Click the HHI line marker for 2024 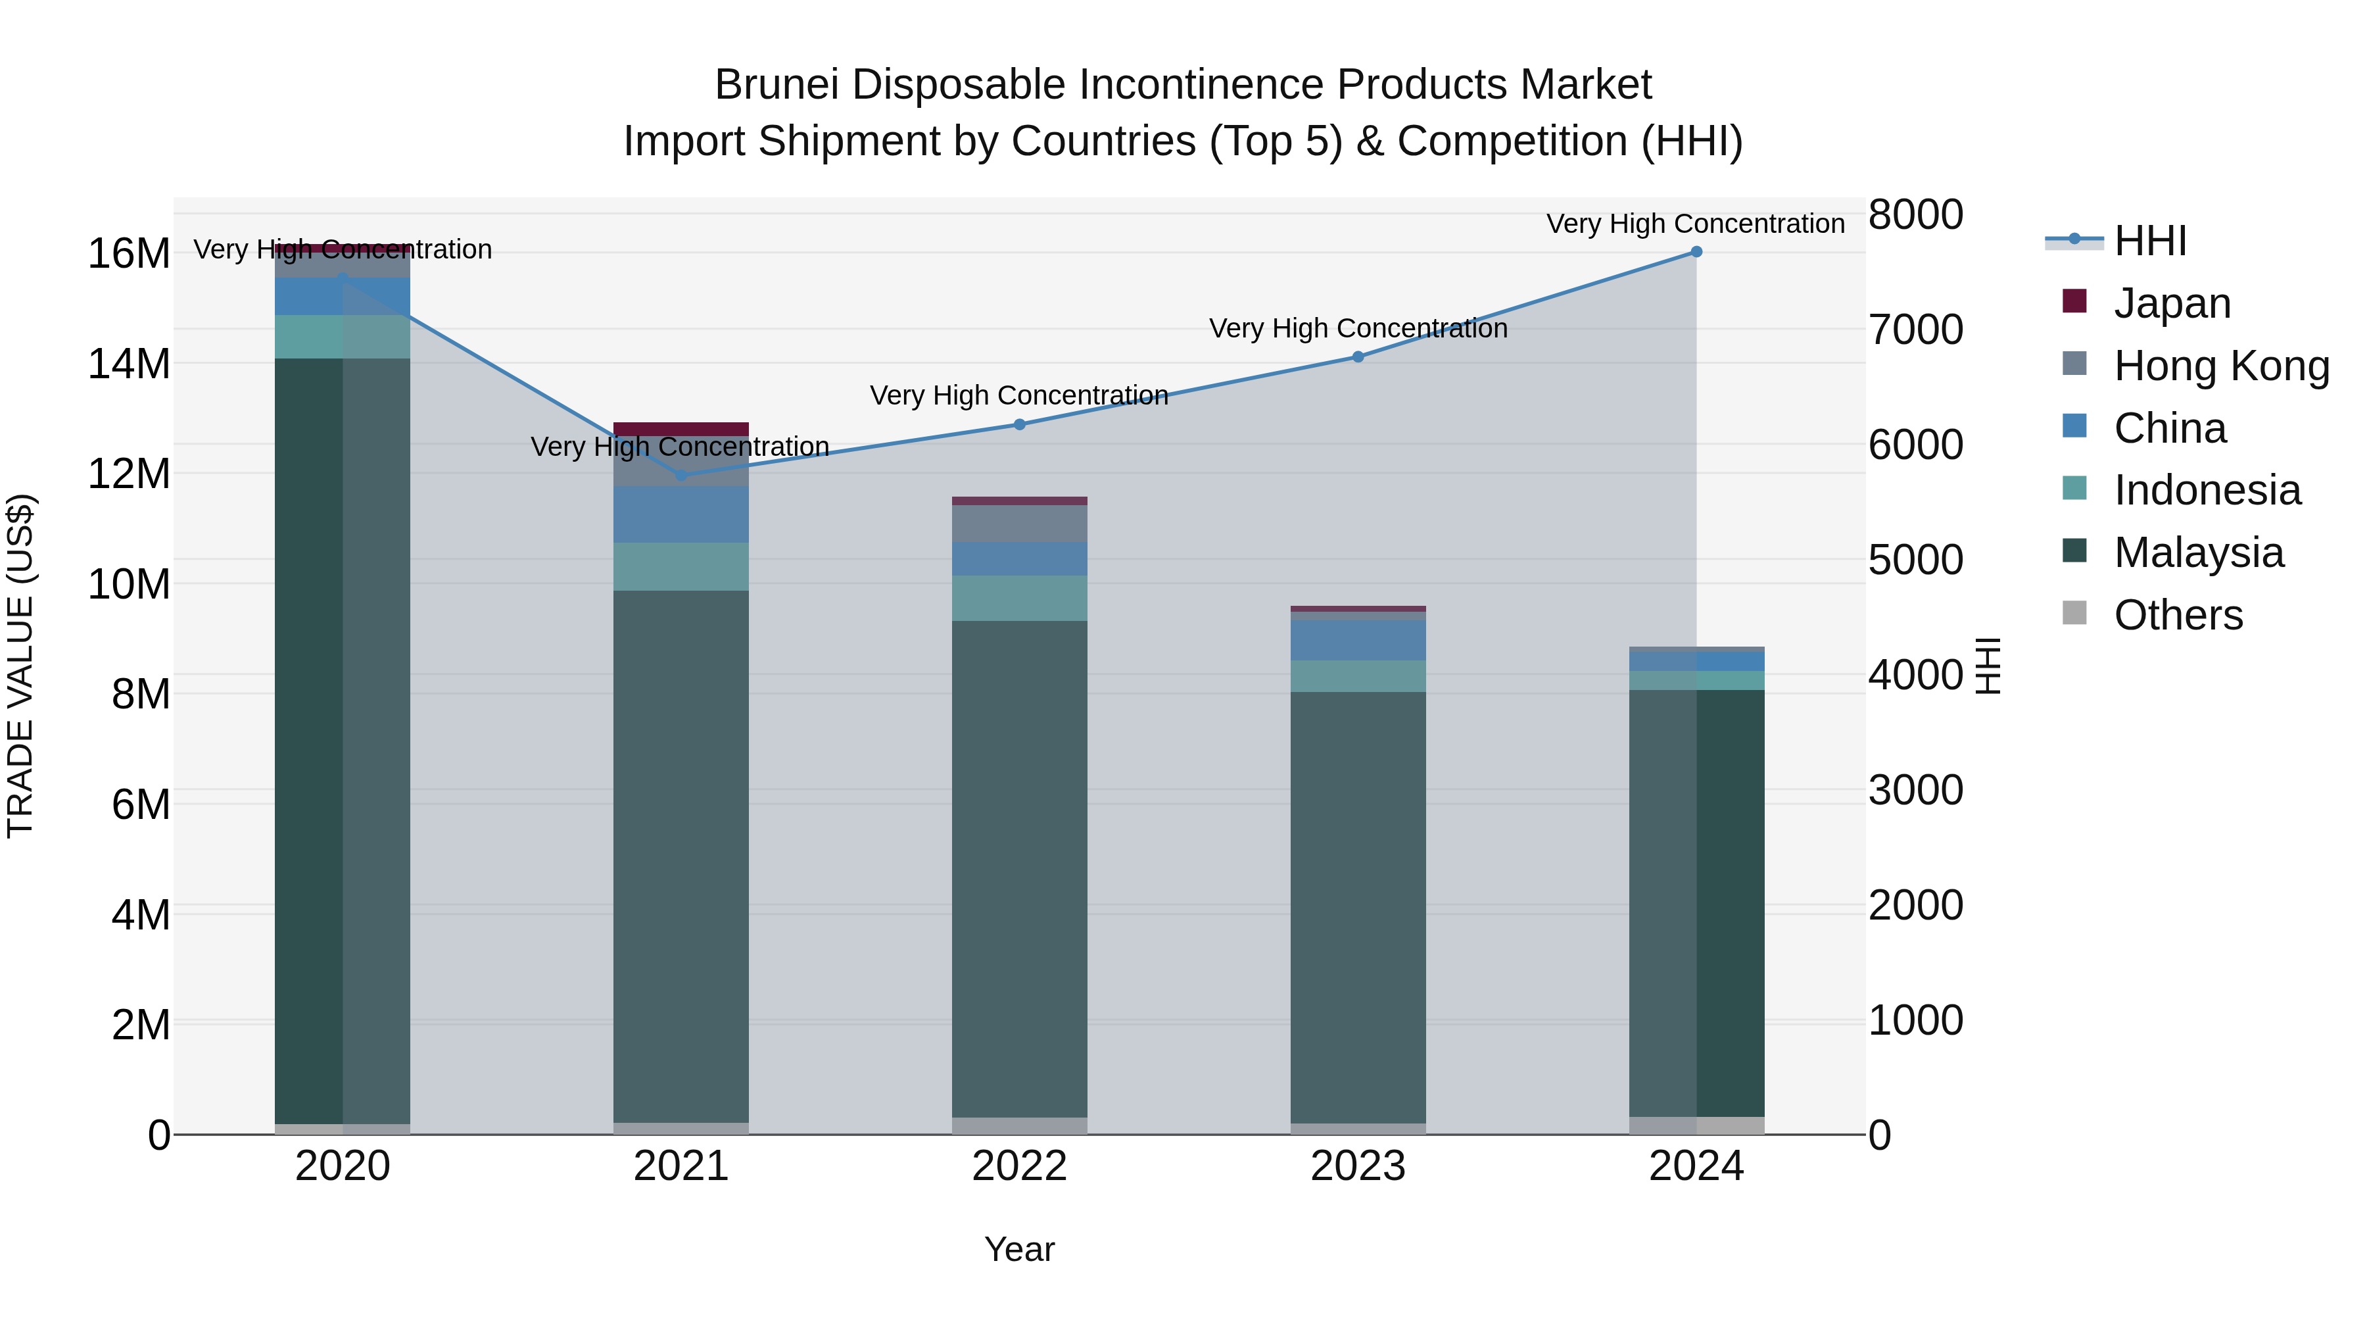[1696, 252]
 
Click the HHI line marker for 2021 [681, 476]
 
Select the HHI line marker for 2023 [1358, 357]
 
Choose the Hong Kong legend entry [2221, 366]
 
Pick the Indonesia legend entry [2207, 490]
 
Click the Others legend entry [2178, 615]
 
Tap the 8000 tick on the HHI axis [1916, 214]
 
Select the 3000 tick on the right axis [1916, 789]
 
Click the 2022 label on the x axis [1019, 1166]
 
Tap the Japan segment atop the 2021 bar [681, 428]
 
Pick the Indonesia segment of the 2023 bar [1358, 676]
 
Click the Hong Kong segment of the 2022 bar [1019, 523]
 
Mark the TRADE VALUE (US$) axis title [21, 666]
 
